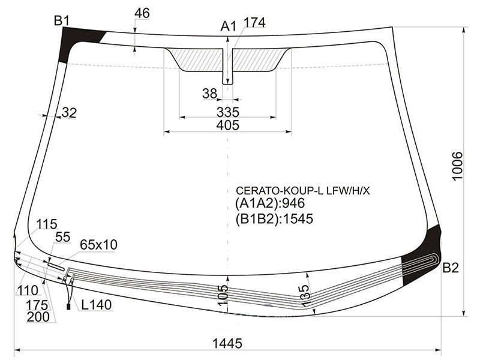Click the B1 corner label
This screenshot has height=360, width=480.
62,21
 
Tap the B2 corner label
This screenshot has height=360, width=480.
451,268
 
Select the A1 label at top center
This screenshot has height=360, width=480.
229,26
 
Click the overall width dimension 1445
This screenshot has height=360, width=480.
227,343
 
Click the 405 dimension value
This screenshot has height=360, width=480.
228,125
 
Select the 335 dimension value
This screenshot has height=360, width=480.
228,112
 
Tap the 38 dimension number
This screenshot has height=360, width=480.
209,94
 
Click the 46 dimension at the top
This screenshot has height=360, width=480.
142,13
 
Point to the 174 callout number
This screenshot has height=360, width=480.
254,22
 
